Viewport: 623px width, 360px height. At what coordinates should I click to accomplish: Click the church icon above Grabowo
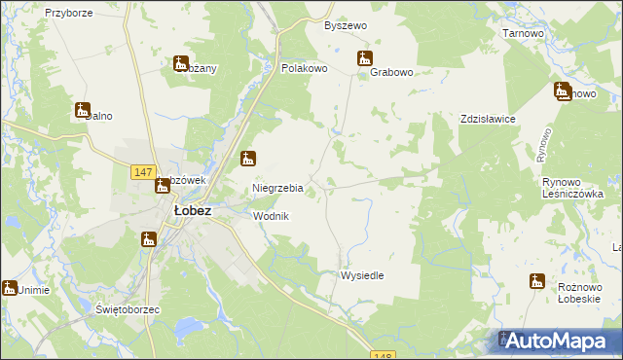point(365,58)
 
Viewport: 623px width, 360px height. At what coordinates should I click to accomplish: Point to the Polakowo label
point(304,70)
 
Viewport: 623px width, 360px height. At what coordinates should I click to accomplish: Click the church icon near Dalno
point(83,111)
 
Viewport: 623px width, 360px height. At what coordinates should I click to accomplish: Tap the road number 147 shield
point(143,172)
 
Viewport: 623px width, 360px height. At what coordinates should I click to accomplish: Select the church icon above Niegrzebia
point(249,158)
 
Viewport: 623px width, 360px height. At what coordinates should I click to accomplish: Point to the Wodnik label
point(272,216)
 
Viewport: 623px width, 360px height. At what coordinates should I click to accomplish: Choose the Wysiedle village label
point(362,275)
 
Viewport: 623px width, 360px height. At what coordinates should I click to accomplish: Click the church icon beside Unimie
point(10,288)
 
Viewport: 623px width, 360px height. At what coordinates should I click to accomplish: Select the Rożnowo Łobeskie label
point(583,293)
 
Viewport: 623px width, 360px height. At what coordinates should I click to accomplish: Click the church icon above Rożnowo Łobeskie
point(536,281)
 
